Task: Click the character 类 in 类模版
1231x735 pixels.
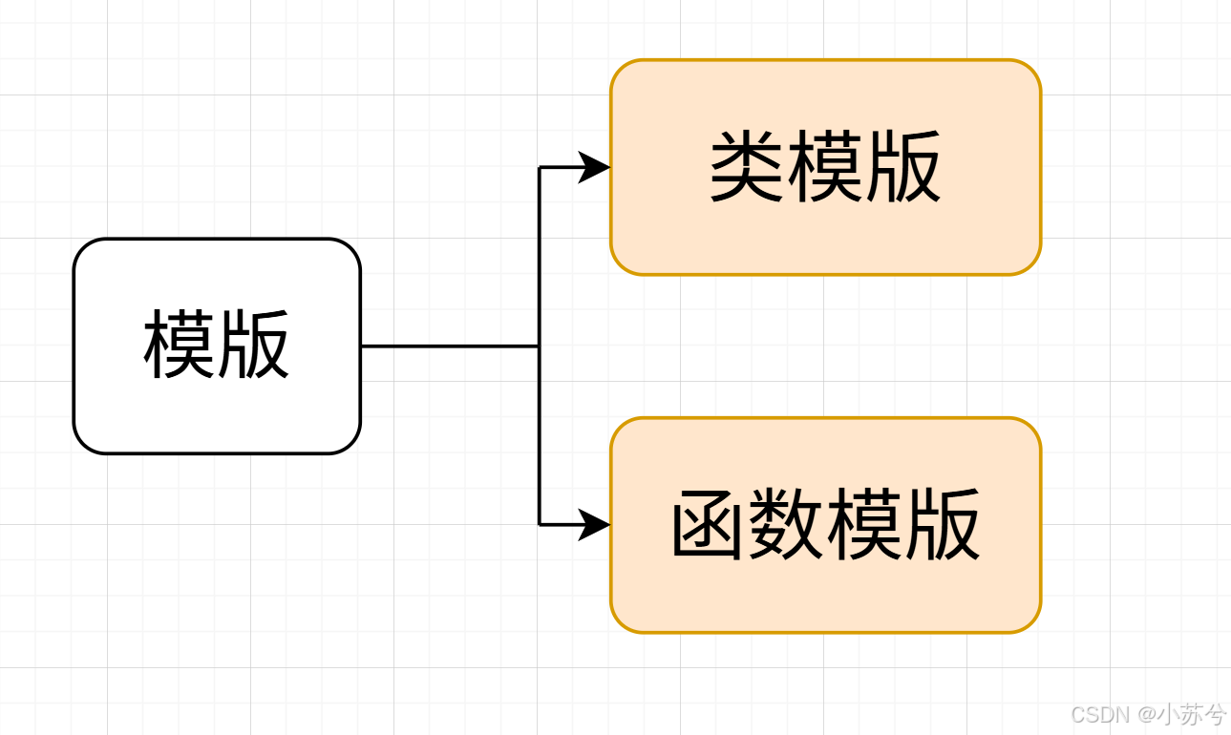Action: pos(748,168)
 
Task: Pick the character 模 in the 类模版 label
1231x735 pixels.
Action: pos(825,168)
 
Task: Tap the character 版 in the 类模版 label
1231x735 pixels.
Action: pos(903,168)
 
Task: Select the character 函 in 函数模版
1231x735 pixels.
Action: pos(709,525)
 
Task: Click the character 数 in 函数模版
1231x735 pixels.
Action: pos(786,525)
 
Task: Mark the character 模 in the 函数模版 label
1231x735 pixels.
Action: pos(864,525)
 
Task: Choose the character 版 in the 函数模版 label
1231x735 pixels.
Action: pos(943,525)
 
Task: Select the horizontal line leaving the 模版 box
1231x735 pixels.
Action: pos(449,346)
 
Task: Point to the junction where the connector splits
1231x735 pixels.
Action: pos(540,346)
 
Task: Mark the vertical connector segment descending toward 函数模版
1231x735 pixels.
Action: pos(540,435)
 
